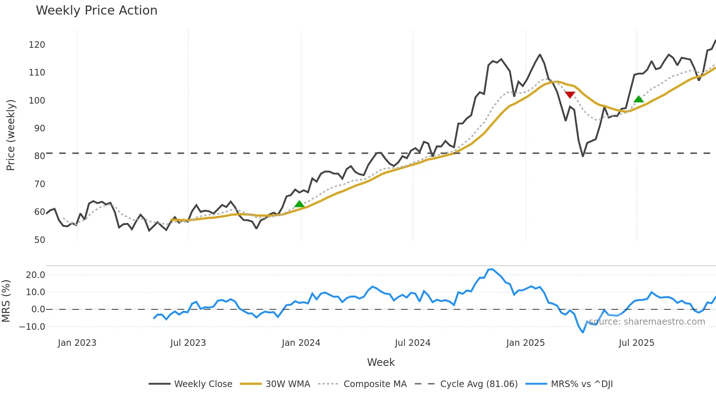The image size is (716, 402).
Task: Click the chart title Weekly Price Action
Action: click(96, 11)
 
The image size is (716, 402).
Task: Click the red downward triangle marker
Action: click(570, 95)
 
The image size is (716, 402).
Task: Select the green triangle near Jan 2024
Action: click(299, 204)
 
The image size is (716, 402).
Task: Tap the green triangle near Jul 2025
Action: click(639, 99)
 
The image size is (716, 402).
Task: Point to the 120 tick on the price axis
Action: click(37, 45)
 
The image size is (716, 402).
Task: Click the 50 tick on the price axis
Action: click(39, 240)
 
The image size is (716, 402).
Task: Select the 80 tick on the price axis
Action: click(39, 156)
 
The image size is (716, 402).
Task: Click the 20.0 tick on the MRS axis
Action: click(35, 275)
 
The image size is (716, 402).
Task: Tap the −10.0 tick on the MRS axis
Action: click(32, 327)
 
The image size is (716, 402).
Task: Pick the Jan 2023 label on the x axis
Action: click(77, 343)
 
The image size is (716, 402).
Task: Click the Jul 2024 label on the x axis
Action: click(412, 343)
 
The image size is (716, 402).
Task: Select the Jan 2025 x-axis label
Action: click(525, 343)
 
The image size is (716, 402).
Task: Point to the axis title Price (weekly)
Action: click(11, 135)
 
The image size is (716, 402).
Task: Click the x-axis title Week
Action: click(381, 362)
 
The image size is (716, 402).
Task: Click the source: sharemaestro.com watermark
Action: click(647, 322)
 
